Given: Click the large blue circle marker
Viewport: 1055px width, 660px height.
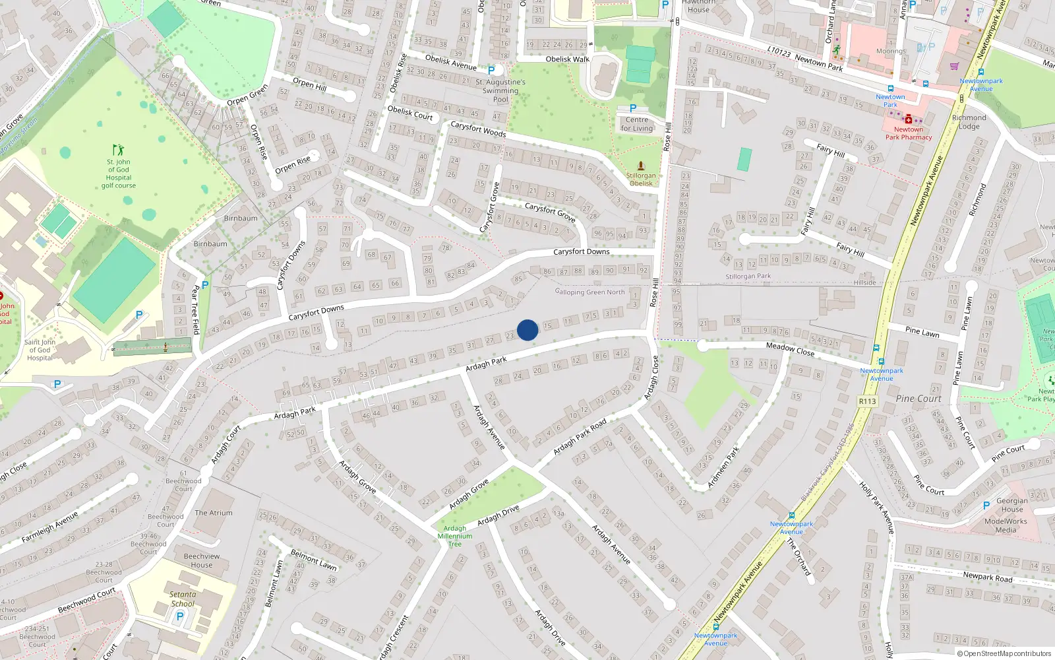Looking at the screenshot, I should (527, 330).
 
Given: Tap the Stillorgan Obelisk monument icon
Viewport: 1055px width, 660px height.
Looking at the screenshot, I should (640, 166).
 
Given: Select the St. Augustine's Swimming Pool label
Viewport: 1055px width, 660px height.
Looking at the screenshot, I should (500, 91).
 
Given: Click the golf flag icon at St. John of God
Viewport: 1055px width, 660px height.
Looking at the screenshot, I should (118, 150).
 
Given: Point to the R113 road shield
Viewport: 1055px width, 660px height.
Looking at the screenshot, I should (867, 401).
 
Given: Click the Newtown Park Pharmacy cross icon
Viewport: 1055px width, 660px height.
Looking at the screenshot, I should (909, 119).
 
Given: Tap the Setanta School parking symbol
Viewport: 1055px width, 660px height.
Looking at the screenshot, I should (179, 616).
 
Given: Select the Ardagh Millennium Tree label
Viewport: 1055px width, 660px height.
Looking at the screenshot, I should (455, 536).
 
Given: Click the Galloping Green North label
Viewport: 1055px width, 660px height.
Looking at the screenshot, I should (589, 292).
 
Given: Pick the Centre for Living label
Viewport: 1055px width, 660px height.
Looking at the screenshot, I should (637, 124).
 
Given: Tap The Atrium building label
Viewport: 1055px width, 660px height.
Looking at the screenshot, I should (213, 513).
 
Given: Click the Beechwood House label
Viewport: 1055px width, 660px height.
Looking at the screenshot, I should (202, 560).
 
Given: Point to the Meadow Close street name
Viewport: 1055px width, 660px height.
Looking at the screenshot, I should (790, 349).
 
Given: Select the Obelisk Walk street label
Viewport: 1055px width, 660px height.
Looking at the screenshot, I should (567, 59).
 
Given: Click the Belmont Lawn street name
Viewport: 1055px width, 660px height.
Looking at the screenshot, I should (314, 560).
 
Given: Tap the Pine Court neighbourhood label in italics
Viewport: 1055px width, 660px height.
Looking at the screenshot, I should (919, 399).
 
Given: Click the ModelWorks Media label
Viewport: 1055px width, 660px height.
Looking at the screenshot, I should (1006, 525).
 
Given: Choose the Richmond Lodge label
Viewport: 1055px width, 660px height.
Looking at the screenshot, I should (969, 122).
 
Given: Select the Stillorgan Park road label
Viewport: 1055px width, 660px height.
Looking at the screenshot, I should (748, 277).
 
